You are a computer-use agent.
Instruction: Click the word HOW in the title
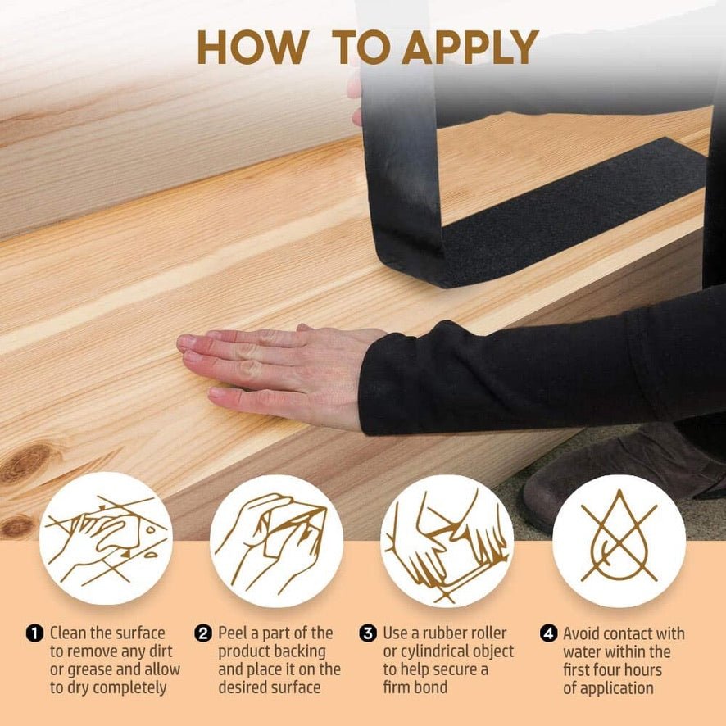click(253, 48)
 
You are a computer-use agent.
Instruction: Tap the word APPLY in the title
click(470, 48)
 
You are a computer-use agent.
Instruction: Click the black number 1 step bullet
click(34, 633)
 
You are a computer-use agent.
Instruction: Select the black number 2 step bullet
click(203, 633)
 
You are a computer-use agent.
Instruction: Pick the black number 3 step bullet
click(368, 633)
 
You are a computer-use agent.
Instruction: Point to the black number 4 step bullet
click(549, 633)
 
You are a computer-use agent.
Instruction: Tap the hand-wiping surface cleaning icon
click(106, 538)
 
